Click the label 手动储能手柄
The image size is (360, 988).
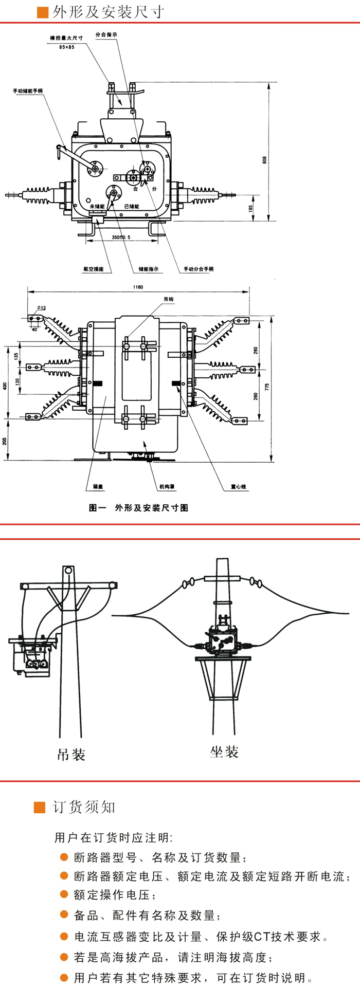click(x=28, y=91)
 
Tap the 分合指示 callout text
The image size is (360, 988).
click(x=106, y=35)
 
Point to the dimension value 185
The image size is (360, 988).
click(x=250, y=209)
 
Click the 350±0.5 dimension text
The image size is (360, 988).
click(x=121, y=237)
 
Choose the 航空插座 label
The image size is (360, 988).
click(x=94, y=269)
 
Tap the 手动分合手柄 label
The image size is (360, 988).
click(x=199, y=269)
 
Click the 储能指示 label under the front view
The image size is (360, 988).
click(x=149, y=269)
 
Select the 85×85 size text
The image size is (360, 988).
click(x=67, y=47)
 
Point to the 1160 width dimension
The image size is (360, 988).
click(x=137, y=287)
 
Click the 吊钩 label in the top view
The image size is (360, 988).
click(x=169, y=299)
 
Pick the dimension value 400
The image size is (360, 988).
click(x=6, y=386)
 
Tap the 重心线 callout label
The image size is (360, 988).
click(x=238, y=486)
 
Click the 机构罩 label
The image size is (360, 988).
click(x=167, y=486)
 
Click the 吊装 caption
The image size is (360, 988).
click(x=71, y=755)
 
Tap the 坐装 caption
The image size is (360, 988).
click(x=224, y=752)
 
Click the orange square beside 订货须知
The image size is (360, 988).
click(x=40, y=807)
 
